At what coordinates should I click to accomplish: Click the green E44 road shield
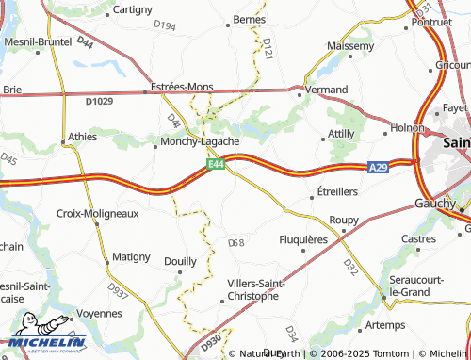[217, 164]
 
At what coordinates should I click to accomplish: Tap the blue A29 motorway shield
[377, 167]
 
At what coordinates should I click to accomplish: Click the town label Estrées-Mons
[182, 87]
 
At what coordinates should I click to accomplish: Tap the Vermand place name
[326, 88]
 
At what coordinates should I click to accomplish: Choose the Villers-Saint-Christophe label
[253, 289]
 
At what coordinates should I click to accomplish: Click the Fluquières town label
[304, 239]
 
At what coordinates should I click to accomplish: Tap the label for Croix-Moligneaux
[98, 214]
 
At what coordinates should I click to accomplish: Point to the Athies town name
[83, 137]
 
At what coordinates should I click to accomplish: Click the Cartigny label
[133, 9]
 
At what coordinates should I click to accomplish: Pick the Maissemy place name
[350, 44]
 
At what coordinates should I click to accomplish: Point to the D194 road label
[164, 25]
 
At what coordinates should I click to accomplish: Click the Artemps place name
[384, 324]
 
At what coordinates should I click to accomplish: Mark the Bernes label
[250, 19]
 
